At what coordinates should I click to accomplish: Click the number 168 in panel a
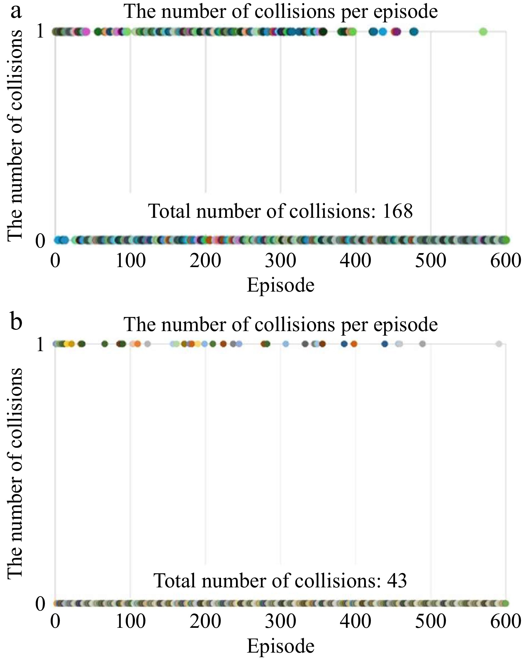398,211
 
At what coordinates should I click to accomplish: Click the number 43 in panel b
397,580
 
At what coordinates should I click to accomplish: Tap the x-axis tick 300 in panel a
280,261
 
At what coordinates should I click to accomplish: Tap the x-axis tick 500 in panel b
431,621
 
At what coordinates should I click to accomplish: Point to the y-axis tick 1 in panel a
40,32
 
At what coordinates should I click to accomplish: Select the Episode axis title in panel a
280,285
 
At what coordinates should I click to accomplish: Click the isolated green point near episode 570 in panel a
483,32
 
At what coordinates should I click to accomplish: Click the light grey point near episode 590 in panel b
499,344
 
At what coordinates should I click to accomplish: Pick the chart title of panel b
280,324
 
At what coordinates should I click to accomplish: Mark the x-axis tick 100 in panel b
130,621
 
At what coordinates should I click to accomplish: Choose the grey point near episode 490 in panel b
422,344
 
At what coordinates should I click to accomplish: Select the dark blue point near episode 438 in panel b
385,344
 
